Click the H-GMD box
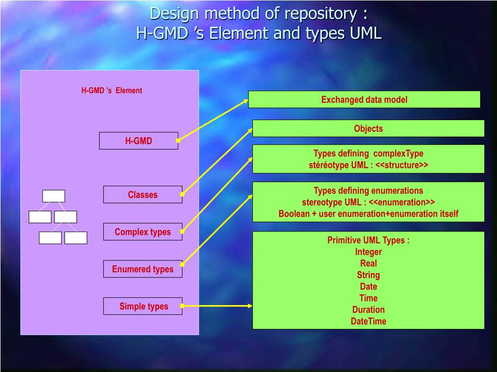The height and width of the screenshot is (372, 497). pos(138,141)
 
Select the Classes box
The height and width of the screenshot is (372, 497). pos(143,195)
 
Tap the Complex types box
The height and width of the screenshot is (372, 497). pos(143,232)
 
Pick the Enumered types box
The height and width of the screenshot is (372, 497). pos(143,269)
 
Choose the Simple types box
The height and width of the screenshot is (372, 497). pos(143,306)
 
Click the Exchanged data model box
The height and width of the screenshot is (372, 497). pos(364,100)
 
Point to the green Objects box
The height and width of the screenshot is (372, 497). pos(368,128)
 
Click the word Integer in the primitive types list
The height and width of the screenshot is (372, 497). pos(368,252)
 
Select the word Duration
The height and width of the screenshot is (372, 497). pos(368,310)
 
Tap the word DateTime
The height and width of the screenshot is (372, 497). pos(368,321)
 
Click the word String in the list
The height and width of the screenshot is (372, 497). pos(368,275)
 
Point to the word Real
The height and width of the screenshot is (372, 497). pos(368,263)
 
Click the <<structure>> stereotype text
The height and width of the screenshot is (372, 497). pos(401,165)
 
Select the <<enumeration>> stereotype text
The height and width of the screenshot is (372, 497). pos(402,202)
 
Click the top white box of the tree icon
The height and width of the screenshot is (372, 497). pos(53,196)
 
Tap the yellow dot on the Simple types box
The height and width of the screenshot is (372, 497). pos(182,306)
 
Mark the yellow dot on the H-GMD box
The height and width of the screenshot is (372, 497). pos(178,140)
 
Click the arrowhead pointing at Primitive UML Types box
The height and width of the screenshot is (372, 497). pos(250,306)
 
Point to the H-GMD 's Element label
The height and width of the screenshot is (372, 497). pos(112,91)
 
